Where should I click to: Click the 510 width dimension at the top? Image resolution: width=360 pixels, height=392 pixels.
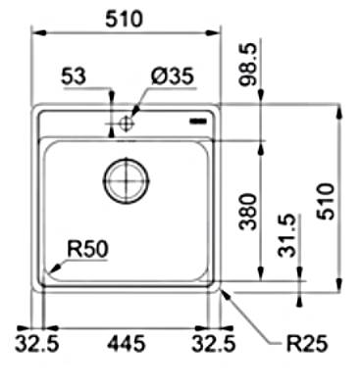pos(125,19)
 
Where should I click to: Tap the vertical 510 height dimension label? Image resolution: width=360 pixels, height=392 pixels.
pos(326,201)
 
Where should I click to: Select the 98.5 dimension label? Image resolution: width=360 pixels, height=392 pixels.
pos(248,65)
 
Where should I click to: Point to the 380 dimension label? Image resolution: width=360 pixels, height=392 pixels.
pos(247,212)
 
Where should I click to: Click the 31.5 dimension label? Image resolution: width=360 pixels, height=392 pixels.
pos(287,236)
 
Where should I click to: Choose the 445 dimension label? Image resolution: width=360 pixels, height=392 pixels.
pos(127,344)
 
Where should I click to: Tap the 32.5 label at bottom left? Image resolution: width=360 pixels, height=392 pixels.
pos(37,344)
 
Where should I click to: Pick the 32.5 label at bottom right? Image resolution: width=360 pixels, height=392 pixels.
pos(214,344)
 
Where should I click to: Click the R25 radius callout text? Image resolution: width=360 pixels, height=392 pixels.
pos(307,344)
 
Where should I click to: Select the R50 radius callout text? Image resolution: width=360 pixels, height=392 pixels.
pos(87,249)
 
